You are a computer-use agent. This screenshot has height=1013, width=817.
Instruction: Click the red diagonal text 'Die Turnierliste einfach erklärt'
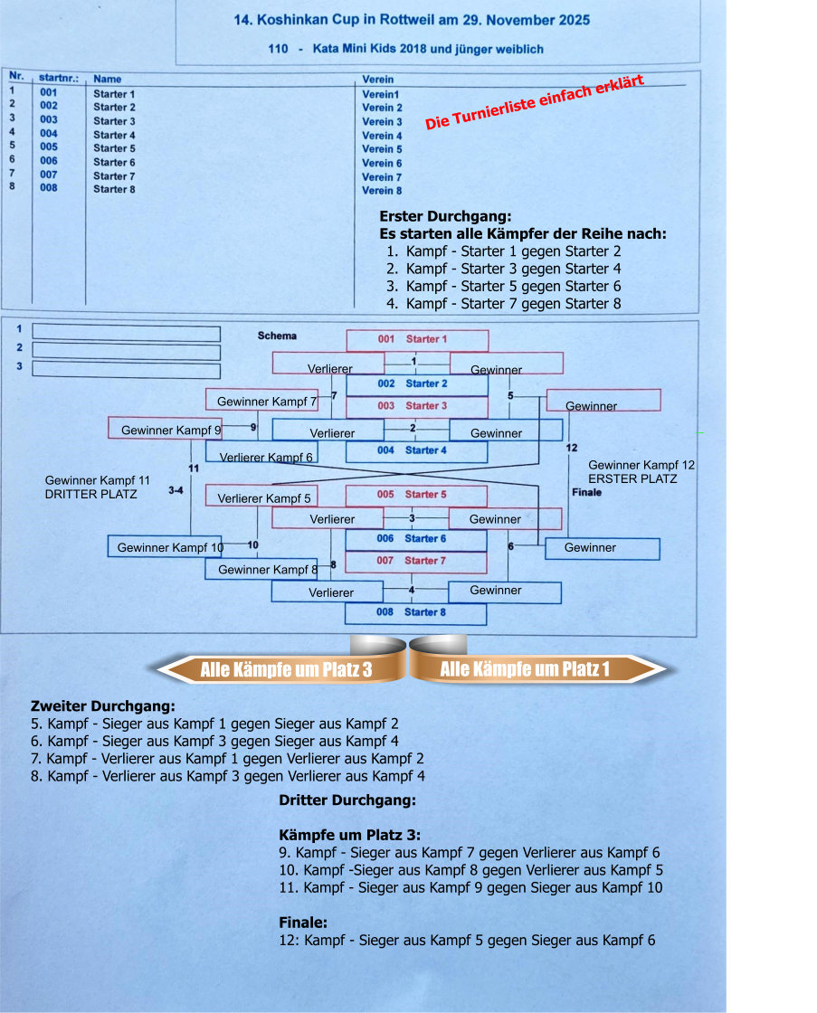(x=535, y=101)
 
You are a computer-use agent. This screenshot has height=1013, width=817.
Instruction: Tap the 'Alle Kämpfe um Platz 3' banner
(x=286, y=670)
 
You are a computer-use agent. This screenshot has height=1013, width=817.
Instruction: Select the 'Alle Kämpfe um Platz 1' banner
(x=525, y=669)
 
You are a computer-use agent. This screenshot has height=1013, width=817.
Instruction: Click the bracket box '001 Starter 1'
(x=417, y=340)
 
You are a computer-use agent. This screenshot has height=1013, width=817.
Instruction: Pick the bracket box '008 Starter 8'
(x=415, y=613)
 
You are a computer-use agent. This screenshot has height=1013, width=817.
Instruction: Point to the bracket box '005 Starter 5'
(x=416, y=495)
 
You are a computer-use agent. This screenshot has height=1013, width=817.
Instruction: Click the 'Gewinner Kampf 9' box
(x=165, y=430)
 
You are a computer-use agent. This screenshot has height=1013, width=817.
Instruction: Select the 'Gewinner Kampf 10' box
(x=165, y=546)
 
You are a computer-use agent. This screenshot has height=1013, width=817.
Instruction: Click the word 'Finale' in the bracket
(x=586, y=493)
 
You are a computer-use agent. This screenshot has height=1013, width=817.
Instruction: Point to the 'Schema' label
(x=277, y=336)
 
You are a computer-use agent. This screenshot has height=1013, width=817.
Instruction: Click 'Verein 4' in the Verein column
(x=382, y=136)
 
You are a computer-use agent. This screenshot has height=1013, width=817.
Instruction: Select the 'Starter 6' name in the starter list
(x=115, y=162)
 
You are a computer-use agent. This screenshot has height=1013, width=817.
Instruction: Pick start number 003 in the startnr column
(x=49, y=119)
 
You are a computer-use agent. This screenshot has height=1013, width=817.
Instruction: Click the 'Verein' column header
(x=378, y=80)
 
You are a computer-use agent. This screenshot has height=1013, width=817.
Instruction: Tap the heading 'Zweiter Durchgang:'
(x=103, y=705)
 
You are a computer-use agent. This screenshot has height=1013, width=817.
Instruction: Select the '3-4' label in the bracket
(x=176, y=490)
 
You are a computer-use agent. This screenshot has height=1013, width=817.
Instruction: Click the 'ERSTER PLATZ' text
(x=632, y=478)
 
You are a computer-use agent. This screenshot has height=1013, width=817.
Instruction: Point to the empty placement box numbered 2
(x=126, y=352)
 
